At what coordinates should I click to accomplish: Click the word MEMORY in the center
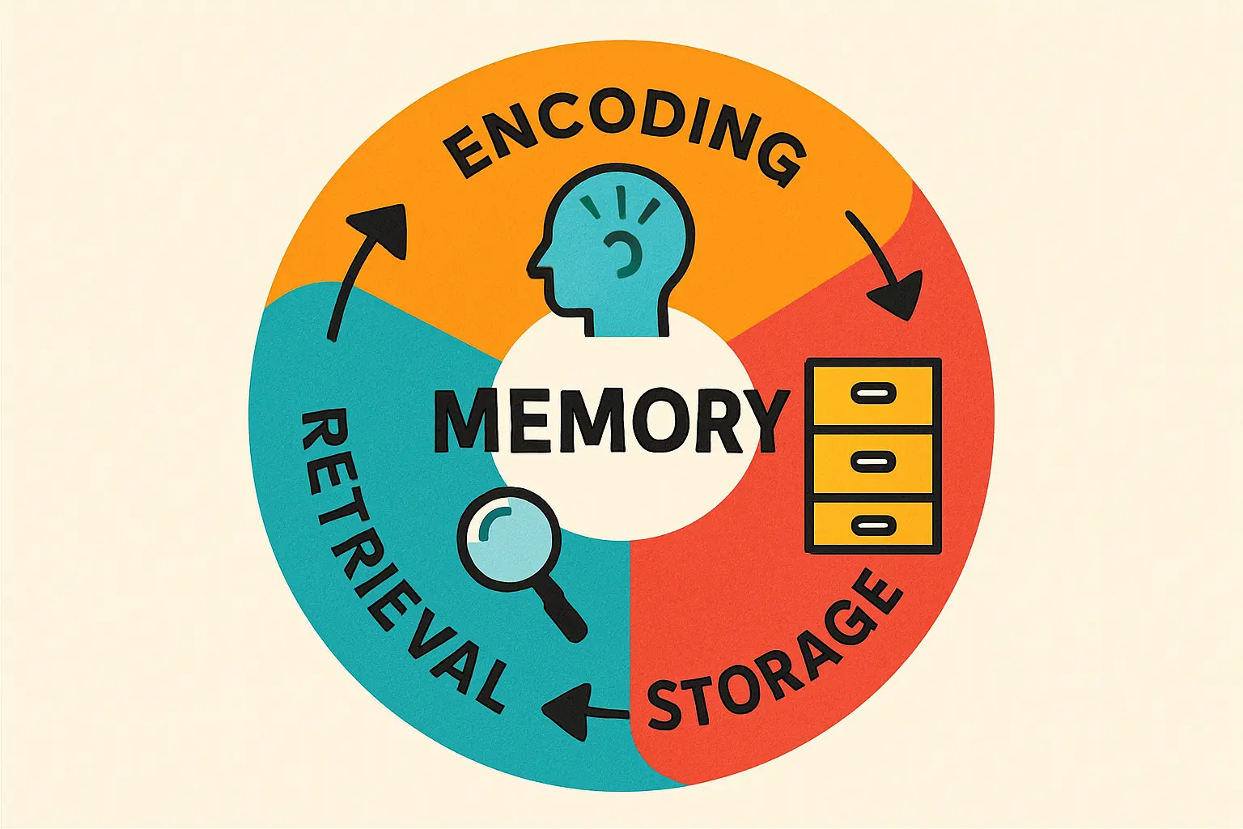coord(612,421)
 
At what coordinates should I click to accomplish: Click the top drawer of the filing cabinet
coord(874,394)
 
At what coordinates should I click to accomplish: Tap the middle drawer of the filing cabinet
coord(874,461)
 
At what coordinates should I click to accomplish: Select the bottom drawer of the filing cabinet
coord(874,525)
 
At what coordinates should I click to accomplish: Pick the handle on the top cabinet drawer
coord(874,394)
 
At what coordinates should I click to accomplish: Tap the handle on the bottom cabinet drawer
coord(874,525)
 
